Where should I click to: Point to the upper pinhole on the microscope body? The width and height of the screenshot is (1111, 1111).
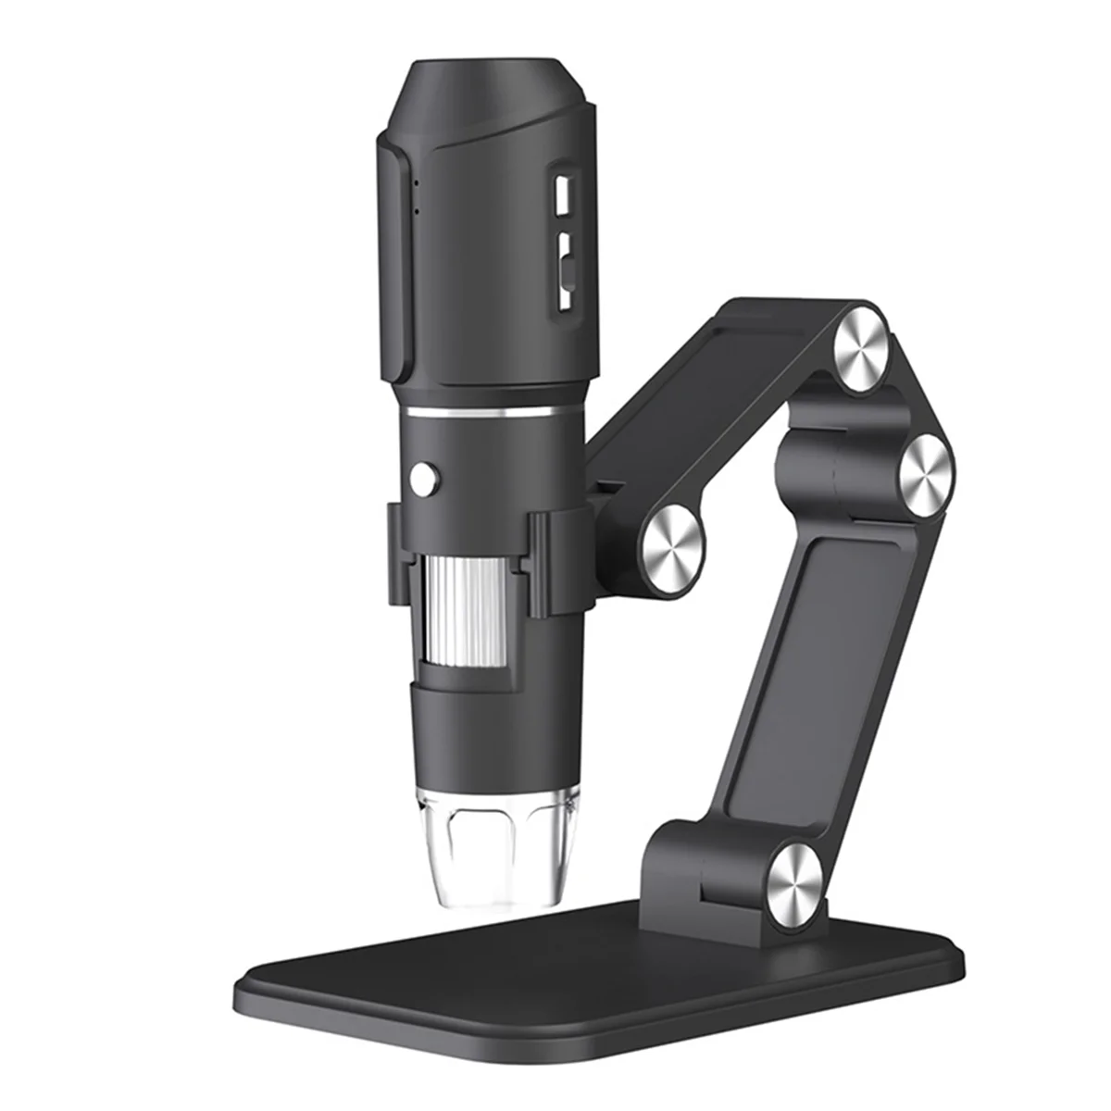(x=416, y=182)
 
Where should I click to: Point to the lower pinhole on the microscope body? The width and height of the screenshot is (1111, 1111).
(x=416, y=211)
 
